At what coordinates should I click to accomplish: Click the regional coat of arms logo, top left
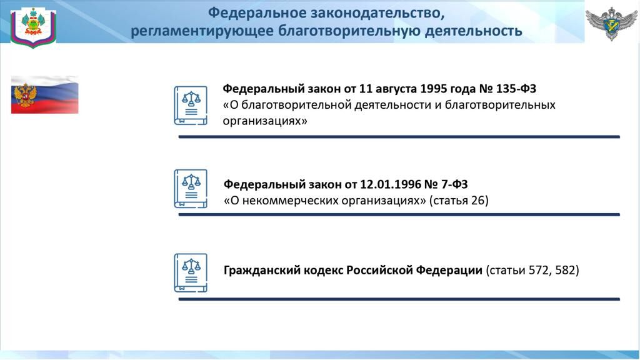point(33,27)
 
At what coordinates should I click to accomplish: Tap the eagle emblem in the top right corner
point(611,23)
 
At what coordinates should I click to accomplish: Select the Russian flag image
point(44,95)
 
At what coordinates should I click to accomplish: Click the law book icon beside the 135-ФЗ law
point(191,105)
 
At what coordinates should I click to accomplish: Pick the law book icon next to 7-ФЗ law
point(191,189)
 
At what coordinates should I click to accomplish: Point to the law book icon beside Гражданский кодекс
point(191,272)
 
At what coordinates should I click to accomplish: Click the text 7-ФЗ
point(454,184)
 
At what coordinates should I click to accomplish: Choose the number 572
point(539,270)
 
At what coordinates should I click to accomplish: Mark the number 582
point(565,270)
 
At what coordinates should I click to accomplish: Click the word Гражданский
point(262,270)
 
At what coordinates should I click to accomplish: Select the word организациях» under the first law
point(265,121)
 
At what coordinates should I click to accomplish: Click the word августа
point(396,89)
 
